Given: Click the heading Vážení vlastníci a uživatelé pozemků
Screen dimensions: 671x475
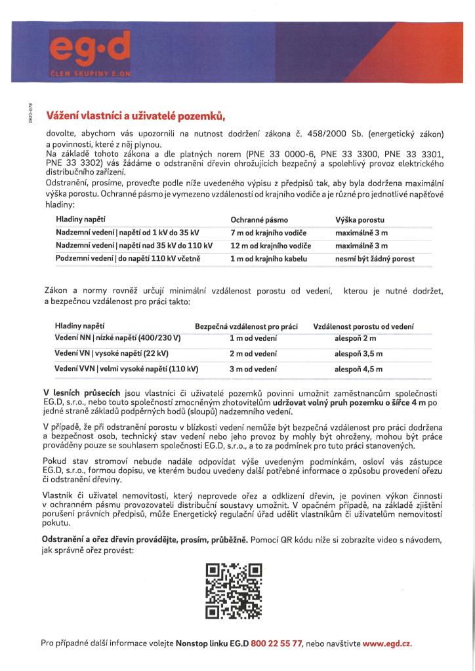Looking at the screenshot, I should (x=135, y=116).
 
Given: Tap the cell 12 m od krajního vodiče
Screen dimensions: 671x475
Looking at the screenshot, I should (x=270, y=246).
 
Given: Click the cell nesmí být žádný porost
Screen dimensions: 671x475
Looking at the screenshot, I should (x=375, y=259).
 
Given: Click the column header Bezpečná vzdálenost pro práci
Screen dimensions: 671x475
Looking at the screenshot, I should (x=247, y=326).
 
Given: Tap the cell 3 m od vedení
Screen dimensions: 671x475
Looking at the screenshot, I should (x=253, y=369).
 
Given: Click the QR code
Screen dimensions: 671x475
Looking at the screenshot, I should (x=234, y=592).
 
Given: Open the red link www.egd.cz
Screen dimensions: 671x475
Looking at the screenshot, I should (x=387, y=643).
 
